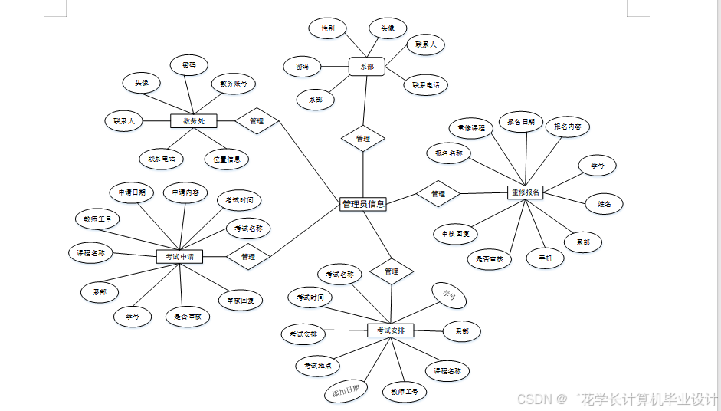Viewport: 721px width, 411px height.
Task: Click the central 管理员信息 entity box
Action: [x=362, y=204]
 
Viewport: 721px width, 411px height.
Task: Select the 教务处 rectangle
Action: [x=193, y=121]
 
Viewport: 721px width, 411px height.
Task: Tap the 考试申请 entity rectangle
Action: [x=179, y=257]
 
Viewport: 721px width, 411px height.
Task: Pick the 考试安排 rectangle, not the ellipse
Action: [x=390, y=330]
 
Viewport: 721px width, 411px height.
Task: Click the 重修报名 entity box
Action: [x=526, y=192]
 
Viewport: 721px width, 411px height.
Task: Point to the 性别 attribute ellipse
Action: [x=327, y=28]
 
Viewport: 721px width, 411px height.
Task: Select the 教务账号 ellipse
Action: [x=233, y=84]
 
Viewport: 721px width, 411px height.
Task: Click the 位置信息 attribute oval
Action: [x=226, y=159]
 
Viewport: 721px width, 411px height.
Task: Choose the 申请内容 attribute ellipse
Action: [x=185, y=192]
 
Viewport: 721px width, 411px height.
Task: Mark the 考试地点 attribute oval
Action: [x=317, y=366]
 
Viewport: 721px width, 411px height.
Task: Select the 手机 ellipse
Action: [x=546, y=258]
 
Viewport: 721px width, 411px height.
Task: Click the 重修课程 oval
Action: [x=471, y=128]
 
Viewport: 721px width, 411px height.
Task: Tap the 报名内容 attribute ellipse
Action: [x=567, y=126]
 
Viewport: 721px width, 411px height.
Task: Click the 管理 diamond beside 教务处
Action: [x=257, y=121]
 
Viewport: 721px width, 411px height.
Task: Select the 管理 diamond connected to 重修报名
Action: [x=438, y=194]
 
